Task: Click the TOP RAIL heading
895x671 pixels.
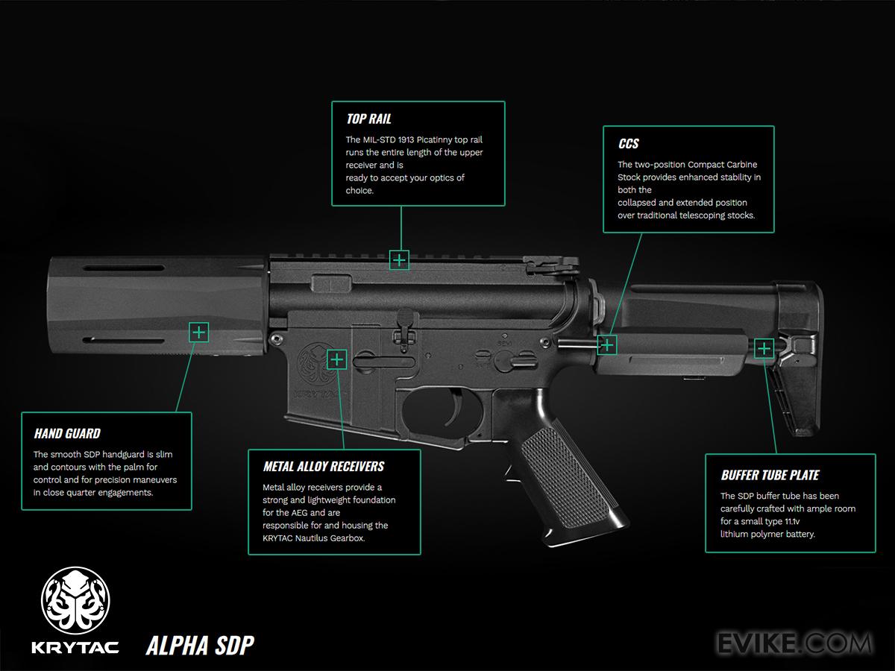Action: pyautogui.click(x=368, y=119)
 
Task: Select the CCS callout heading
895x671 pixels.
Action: pyautogui.click(x=628, y=144)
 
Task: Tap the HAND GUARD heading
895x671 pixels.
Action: pyautogui.click(x=66, y=433)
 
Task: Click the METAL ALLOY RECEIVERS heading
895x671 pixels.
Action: pyautogui.click(x=323, y=467)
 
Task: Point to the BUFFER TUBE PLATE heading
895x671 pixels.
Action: pyautogui.click(x=770, y=475)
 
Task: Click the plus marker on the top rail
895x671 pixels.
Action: pyautogui.click(x=400, y=259)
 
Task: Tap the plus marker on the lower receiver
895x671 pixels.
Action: pyautogui.click(x=337, y=359)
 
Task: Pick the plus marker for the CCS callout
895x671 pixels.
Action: pyautogui.click(x=608, y=344)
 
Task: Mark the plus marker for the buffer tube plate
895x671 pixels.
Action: pyautogui.click(x=764, y=348)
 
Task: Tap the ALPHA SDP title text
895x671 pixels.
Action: pyautogui.click(x=200, y=644)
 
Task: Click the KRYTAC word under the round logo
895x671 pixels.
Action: pyautogui.click(x=75, y=646)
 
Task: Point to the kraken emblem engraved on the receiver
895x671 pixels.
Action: pyautogui.click(x=313, y=362)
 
